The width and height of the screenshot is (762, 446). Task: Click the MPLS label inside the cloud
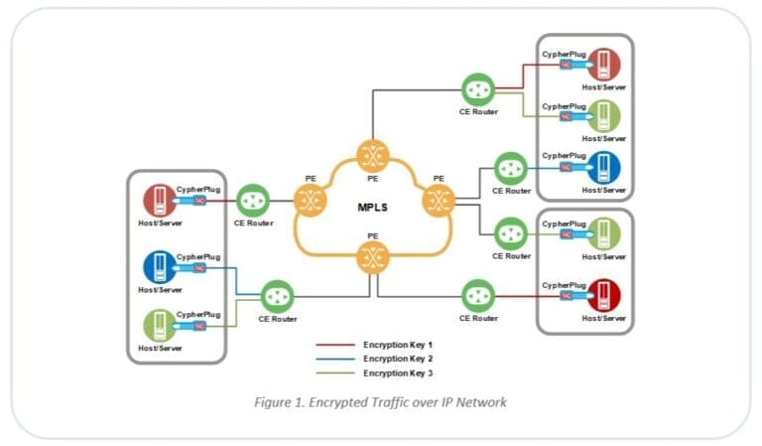[371, 208]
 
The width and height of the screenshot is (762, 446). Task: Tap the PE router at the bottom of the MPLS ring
[373, 260]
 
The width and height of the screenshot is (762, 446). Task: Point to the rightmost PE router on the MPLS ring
[438, 203]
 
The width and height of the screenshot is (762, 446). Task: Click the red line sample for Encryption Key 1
[334, 345]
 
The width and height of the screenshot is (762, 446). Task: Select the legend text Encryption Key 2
[398, 358]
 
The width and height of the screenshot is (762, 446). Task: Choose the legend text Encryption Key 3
[398, 372]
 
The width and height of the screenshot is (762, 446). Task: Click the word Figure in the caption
[272, 401]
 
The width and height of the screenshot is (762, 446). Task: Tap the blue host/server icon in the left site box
[158, 267]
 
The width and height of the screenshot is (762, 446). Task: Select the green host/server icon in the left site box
[158, 326]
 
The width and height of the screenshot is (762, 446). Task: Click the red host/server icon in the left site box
[158, 200]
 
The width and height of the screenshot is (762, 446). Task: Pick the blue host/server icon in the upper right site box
[603, 168]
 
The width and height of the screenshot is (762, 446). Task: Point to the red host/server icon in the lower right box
[603, 295]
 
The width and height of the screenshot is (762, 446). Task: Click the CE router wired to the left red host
[253, 201]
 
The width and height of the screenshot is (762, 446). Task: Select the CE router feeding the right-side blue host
[511, 168]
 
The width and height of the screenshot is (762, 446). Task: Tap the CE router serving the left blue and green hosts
[277, 297]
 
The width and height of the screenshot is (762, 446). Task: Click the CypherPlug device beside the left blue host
[197, 268]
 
